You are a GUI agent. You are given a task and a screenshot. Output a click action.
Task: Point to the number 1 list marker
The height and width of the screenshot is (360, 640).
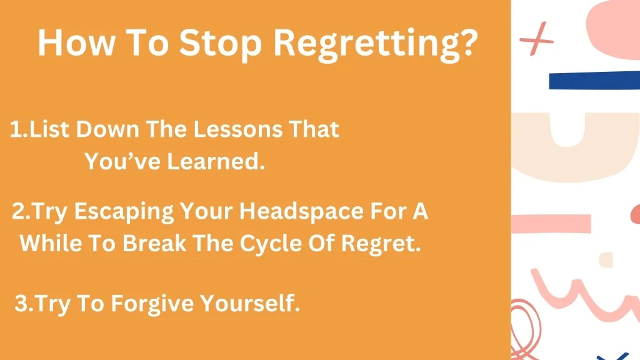[17, 130]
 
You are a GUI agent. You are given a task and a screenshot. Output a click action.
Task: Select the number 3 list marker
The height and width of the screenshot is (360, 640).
[21, 304]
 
